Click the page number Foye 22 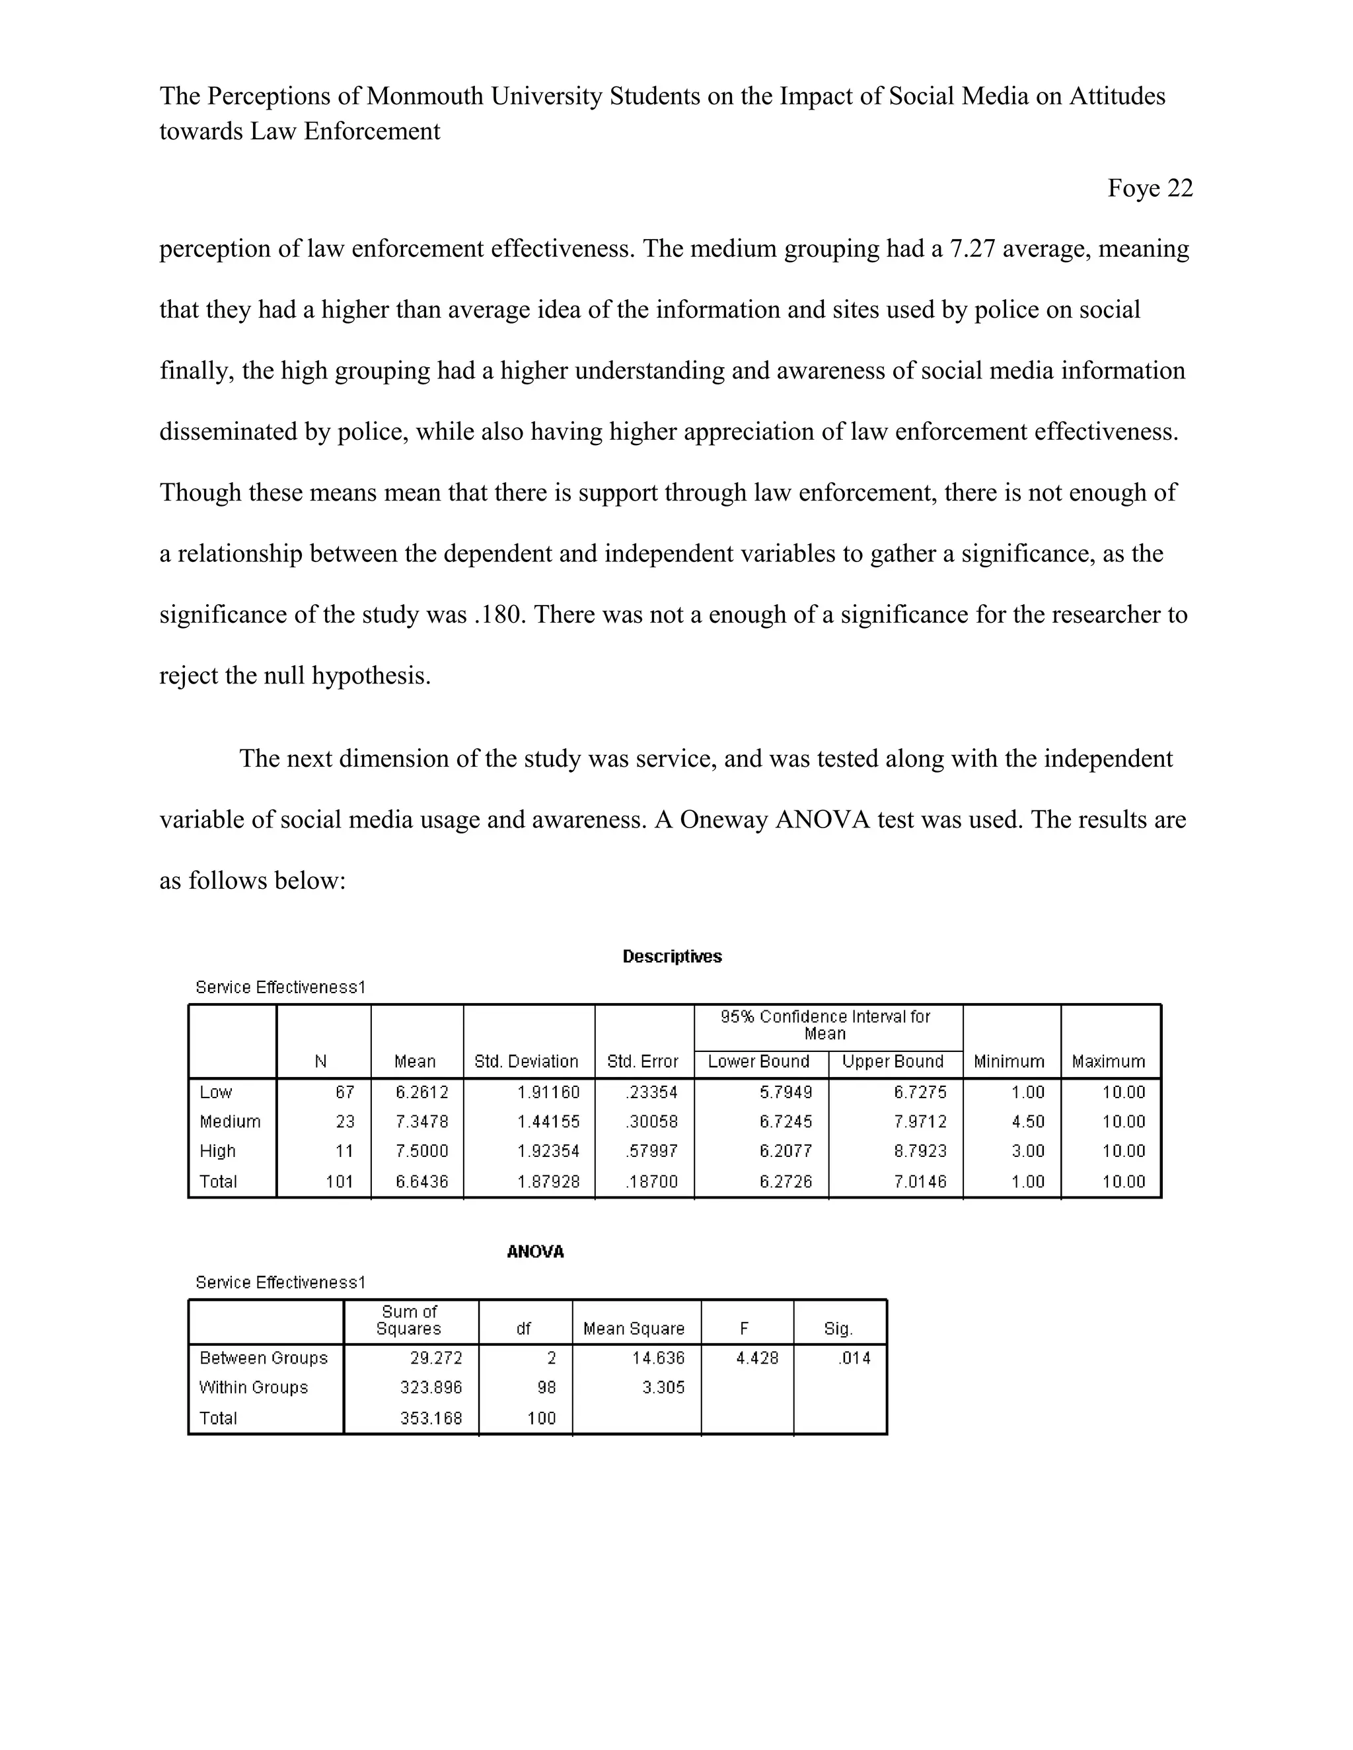[1150, 188]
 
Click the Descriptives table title [672, 957]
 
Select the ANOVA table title [535, 1251]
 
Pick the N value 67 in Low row [345, 1092]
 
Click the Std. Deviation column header [526, 1062]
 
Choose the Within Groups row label [253, 1387]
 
